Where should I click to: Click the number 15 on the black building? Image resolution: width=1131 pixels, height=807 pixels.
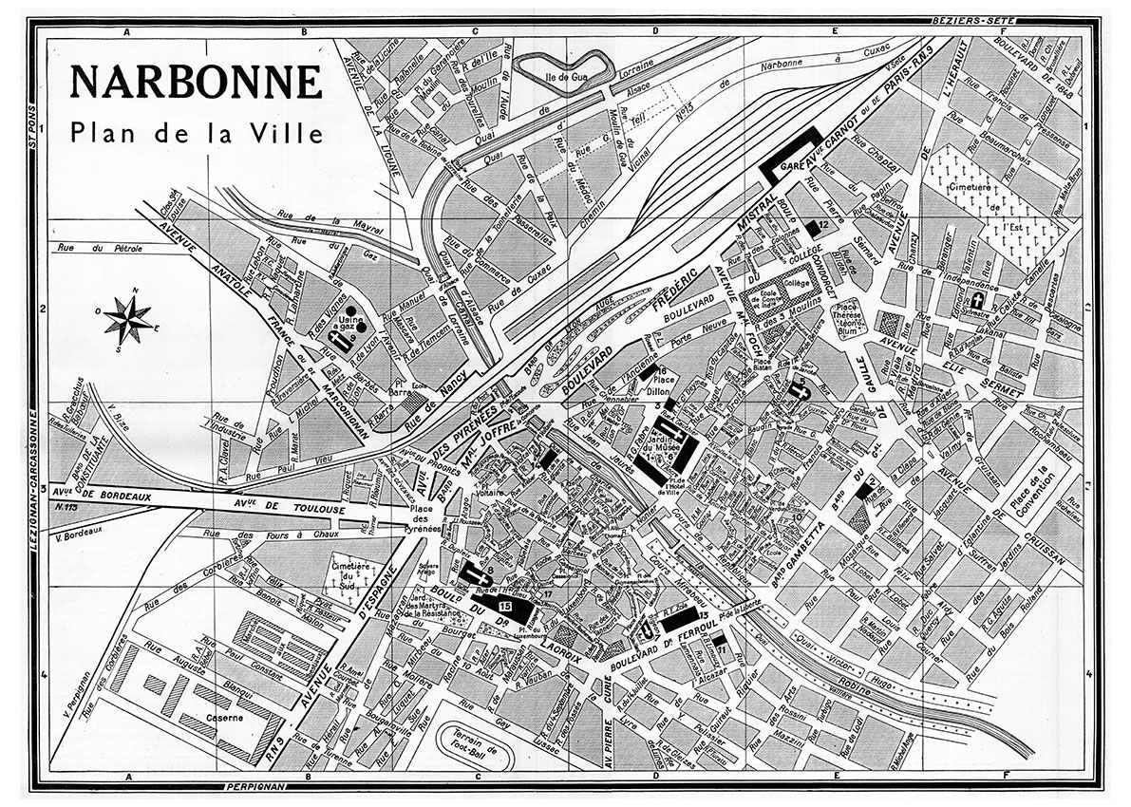[x=504, y=606]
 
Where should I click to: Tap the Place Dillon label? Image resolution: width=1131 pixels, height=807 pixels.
[x=657, y=381]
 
